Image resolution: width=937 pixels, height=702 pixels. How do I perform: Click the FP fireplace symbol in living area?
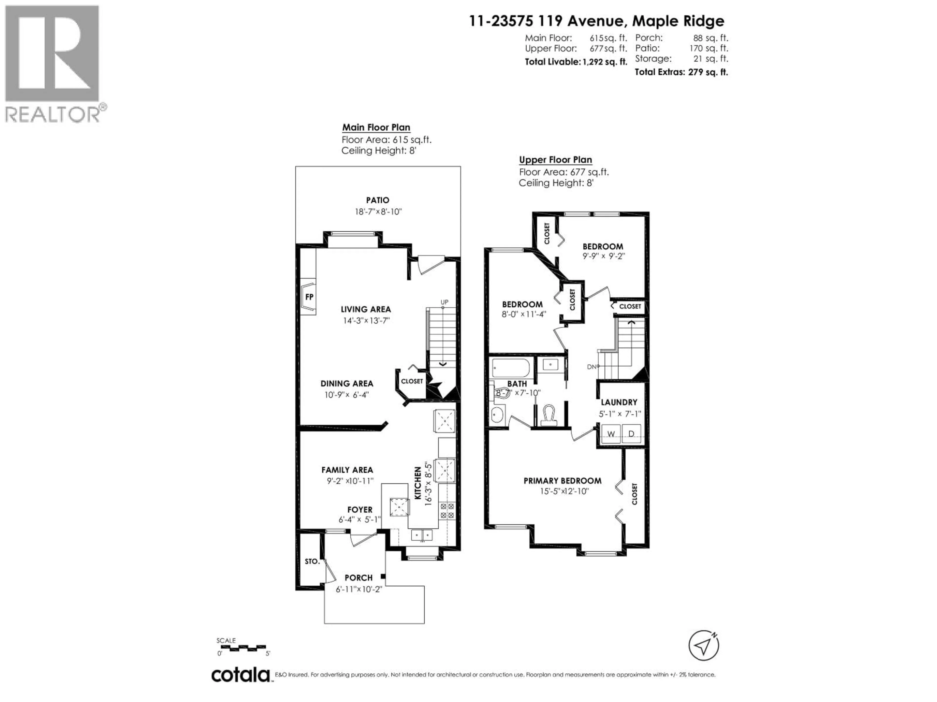point(309,297)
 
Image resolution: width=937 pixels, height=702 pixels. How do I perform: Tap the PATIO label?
point(377,200)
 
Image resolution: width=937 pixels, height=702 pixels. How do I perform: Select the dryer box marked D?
point(631,434)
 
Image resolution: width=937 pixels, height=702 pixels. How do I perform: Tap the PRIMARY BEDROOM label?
point(562,481)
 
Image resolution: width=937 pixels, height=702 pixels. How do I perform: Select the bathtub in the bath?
point(510,368)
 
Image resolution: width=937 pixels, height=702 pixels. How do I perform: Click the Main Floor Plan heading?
point(376,127)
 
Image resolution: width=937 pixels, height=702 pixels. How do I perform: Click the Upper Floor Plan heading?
point(555,159)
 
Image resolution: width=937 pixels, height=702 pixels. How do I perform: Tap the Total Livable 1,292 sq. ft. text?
point(576,62)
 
